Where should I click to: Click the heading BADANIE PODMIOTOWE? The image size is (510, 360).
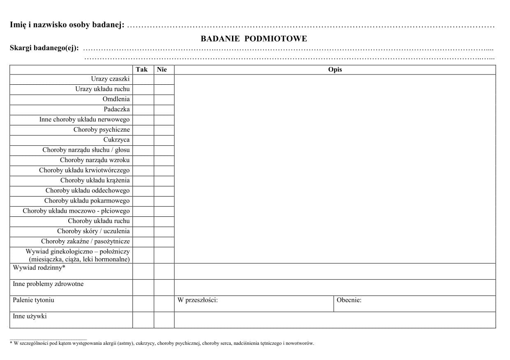click(x=254, y=39)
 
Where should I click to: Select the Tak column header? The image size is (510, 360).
click(x=141, y=70)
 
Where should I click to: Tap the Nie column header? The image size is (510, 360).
click(x=162, y=70)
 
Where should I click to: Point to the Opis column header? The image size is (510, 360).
click(x=335, y=70)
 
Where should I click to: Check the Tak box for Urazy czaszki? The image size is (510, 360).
click(x=143, y=79)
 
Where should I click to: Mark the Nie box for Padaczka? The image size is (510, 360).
click(x=164, y=109)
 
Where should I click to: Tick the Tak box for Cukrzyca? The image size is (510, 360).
click(x=143, y=140)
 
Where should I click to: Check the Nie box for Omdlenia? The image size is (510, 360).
click(x=164, y=99)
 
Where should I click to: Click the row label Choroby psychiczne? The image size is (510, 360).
click(x=102, y=130)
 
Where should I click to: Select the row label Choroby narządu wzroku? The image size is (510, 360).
click(x=95, y=160)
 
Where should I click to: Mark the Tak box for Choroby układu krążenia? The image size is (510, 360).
click(x=143, y=181)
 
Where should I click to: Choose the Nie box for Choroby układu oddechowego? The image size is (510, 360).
click(x=164, y=190)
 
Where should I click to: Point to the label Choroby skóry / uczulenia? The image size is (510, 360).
click(x=93, y=231)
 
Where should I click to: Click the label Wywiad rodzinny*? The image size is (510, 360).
click(x=39, y=268)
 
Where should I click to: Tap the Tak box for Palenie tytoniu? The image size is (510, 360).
click(x=143, y=304)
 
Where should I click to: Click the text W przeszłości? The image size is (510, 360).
click(x=197, y=300)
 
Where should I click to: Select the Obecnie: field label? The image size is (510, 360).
click(x=349, y=300)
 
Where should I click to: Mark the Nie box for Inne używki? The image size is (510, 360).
click(x=164, y=320)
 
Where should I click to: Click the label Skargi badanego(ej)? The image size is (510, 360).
click(x=44, y=48)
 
